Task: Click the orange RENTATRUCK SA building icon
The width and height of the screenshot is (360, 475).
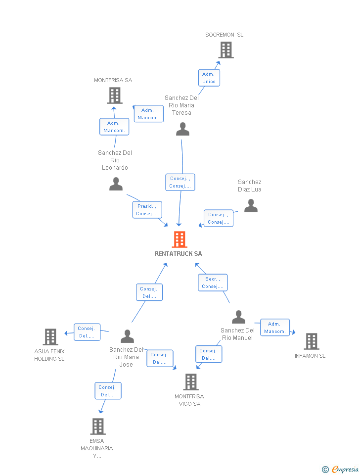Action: (x=179, y=239)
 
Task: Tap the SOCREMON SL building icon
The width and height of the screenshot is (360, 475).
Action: (x=225, y=50)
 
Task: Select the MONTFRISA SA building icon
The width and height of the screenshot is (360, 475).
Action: (x=114, y=95)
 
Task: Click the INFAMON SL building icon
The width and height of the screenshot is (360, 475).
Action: (x=311, y=341)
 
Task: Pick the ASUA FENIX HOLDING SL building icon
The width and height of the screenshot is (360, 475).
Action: (x=50, y=337)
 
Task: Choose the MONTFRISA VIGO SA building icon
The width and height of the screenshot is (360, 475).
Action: (x=191, y=382)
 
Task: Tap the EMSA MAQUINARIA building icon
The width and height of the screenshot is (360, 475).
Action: (x=98, y=426)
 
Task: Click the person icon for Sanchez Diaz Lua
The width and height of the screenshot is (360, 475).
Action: (x=251, y=205)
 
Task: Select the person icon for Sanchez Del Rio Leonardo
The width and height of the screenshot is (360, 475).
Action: (x=116, y=184)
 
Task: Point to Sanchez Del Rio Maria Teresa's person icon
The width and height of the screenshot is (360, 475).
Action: (x=182, y=129)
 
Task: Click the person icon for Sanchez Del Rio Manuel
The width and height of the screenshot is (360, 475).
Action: (x=238, y=317)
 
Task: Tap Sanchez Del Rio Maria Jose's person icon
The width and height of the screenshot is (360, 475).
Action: (x=127, y=336)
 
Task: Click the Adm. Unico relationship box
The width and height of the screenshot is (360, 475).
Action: (x=209, y=78)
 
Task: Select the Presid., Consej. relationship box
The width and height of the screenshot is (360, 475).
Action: (x=147, y=210)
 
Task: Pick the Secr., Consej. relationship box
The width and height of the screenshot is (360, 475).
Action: (x=213, y=283)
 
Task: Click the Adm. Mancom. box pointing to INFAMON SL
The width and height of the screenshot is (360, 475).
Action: (x=274, y=328)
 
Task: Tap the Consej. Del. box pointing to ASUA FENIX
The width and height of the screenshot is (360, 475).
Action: (x=87, y=332)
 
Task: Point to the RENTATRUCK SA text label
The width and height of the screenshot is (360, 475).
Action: (x=178, y=254)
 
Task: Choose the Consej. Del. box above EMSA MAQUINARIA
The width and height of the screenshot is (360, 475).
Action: (x=108, y=391)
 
